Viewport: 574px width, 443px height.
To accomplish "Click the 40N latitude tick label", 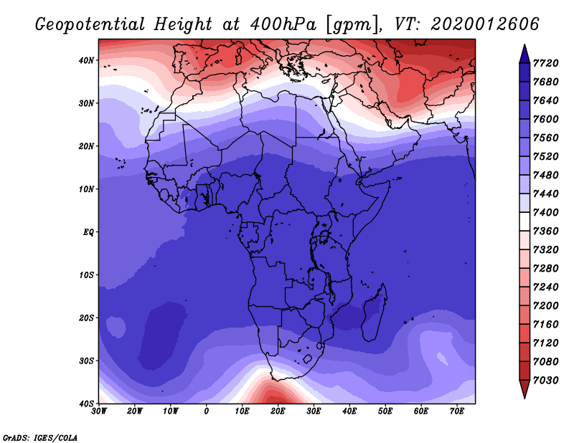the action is tap(86, 60).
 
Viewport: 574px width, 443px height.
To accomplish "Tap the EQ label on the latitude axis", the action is tap(88, 232).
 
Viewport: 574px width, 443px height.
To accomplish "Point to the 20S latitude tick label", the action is tap(86, 318).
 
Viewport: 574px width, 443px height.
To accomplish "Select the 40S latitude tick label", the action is tap(86, 404).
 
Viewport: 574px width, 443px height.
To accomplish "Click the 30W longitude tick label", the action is tap(99, 411).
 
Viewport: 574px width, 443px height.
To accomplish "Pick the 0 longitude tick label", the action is tap(207, 411).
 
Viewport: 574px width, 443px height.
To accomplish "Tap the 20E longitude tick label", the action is tap(278, 411).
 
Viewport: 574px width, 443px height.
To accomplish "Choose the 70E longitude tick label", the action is tap(457, 411).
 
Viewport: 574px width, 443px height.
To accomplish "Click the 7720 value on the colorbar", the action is tap(546, 63).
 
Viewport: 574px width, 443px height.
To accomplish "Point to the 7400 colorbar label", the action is tap(546, 212).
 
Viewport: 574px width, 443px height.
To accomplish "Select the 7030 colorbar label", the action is tap(546, 381).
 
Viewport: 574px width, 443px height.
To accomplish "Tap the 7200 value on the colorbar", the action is tap(546, 306).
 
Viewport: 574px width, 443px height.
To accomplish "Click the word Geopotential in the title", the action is tap(90, 25).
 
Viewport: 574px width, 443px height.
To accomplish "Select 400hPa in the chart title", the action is tap(283, 24).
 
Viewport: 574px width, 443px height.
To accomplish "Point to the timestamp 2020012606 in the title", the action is tap(485, 24).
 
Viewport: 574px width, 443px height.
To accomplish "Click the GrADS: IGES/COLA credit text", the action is tap(40, 438).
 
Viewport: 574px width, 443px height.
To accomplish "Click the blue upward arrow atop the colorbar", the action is tap(524, 54).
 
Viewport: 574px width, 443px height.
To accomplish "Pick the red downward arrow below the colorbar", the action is tap(524, 389).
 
